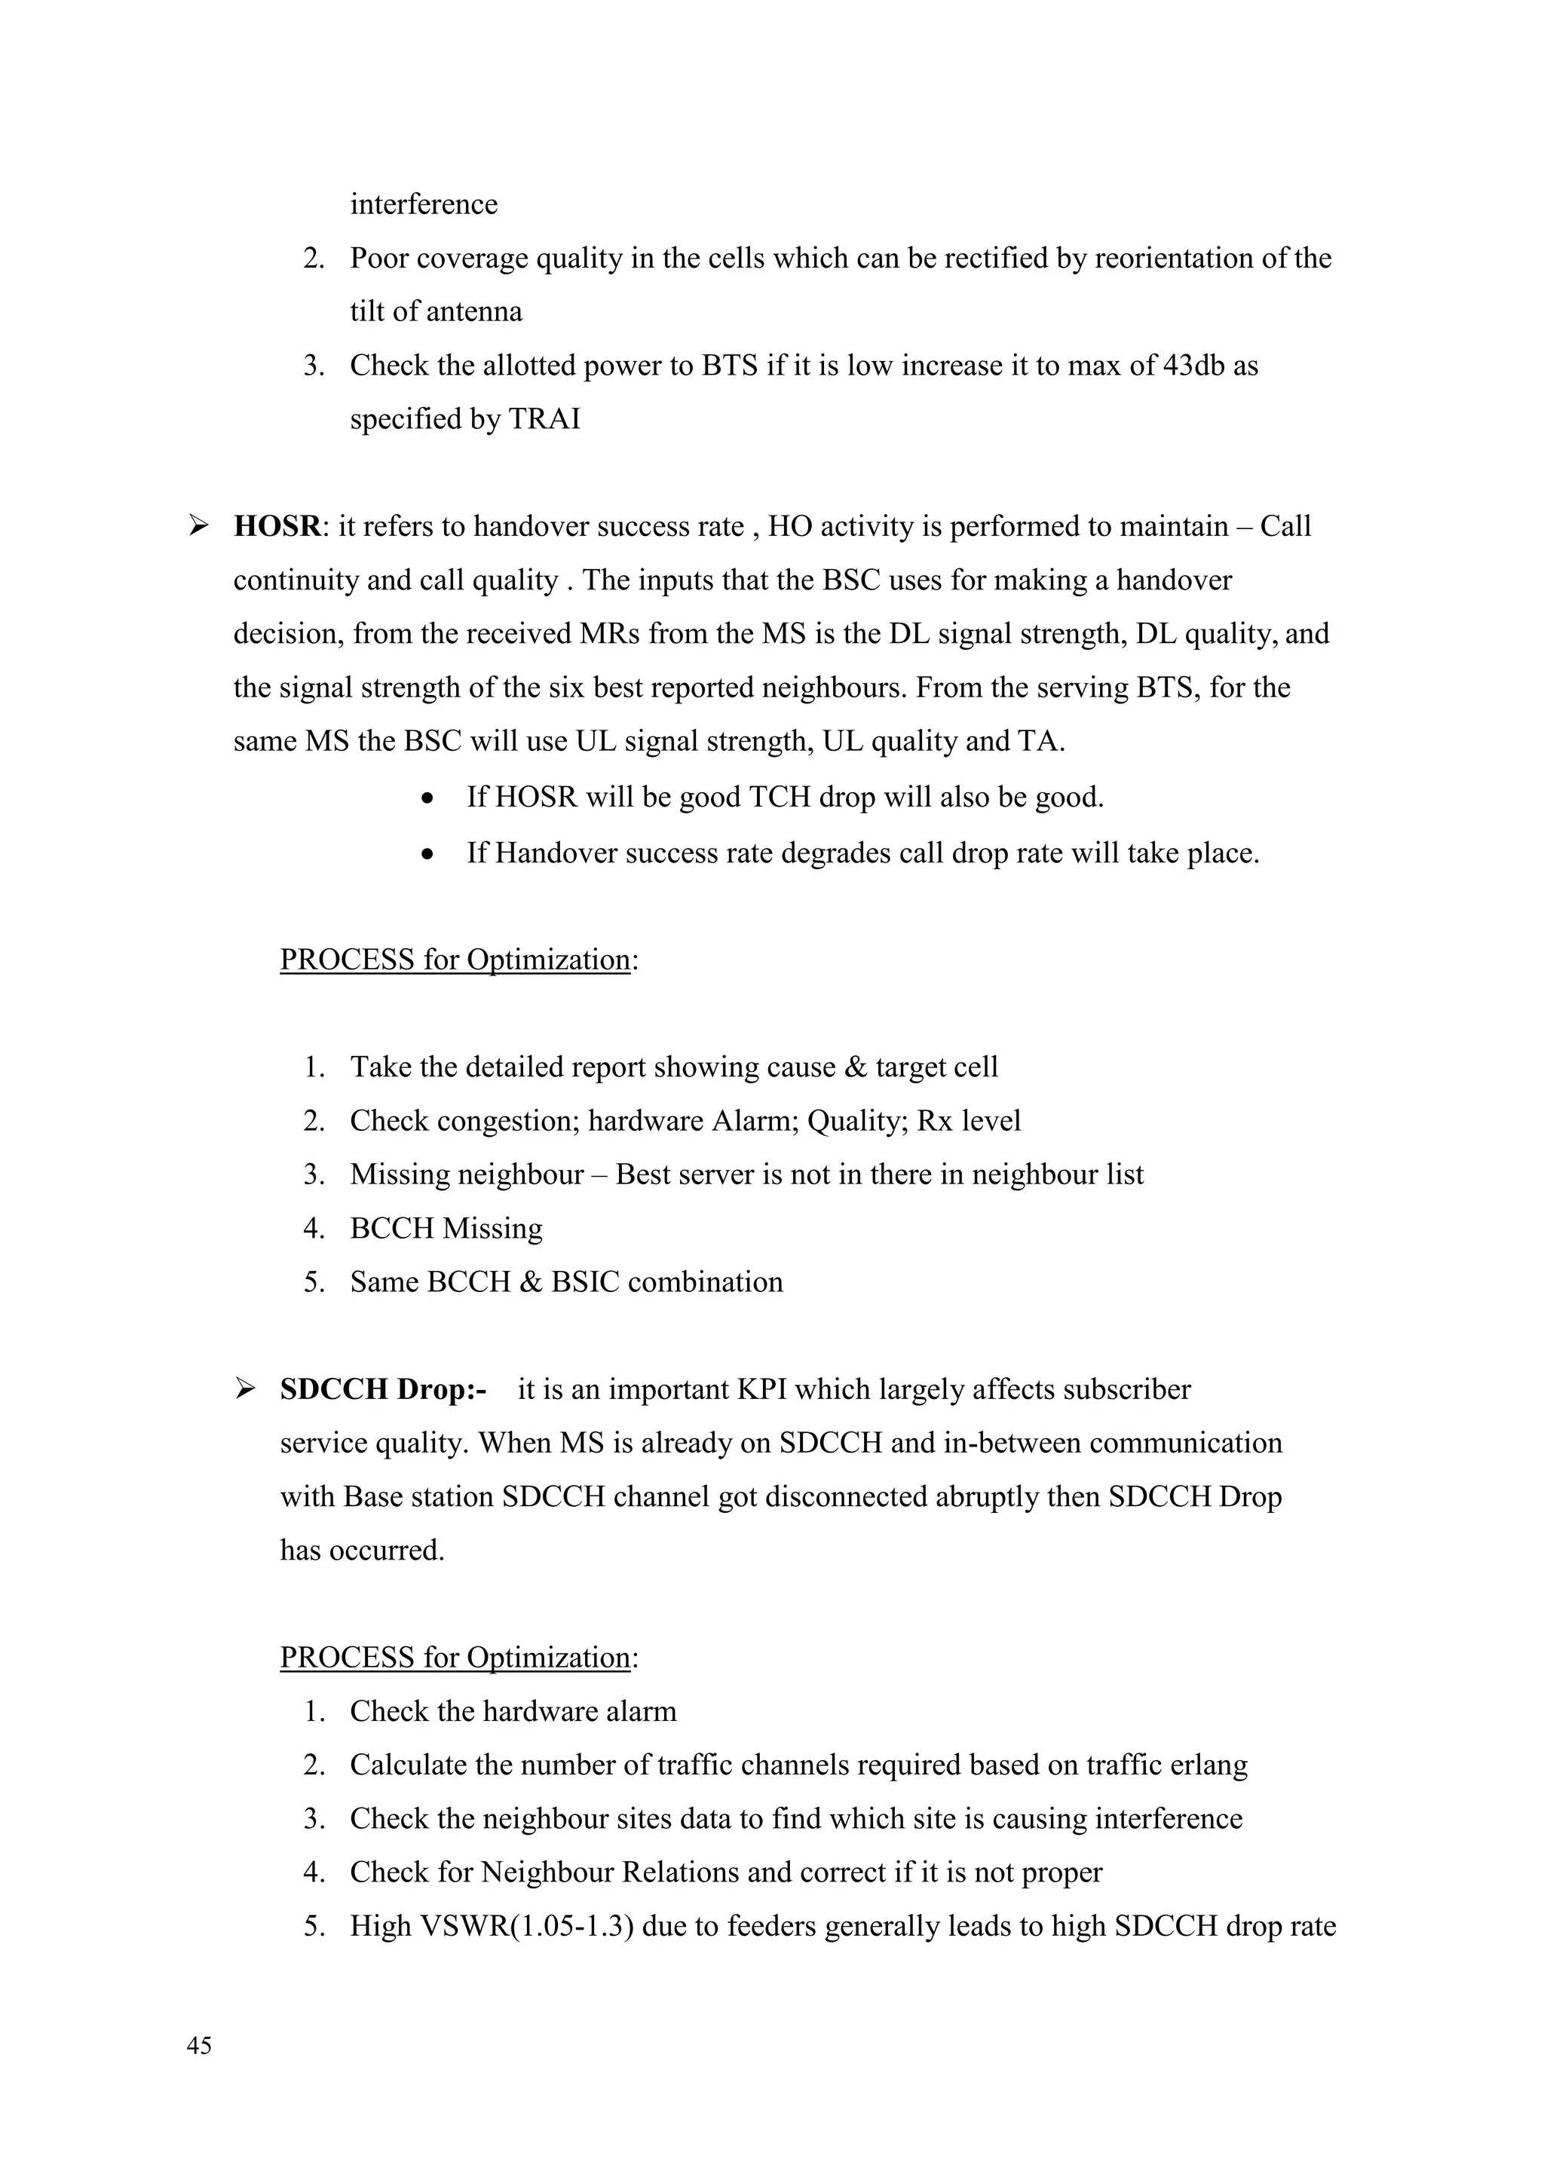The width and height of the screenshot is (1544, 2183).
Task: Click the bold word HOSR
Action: (277, 526)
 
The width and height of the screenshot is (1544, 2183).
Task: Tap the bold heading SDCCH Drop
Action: (382, 1389)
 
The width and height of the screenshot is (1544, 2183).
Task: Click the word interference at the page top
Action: (423, 204)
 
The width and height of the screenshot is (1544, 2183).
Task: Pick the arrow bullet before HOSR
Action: (199, 525)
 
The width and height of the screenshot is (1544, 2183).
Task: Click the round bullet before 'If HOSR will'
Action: (430, 798)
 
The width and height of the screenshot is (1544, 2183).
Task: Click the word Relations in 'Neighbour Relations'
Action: (681, 1872)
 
